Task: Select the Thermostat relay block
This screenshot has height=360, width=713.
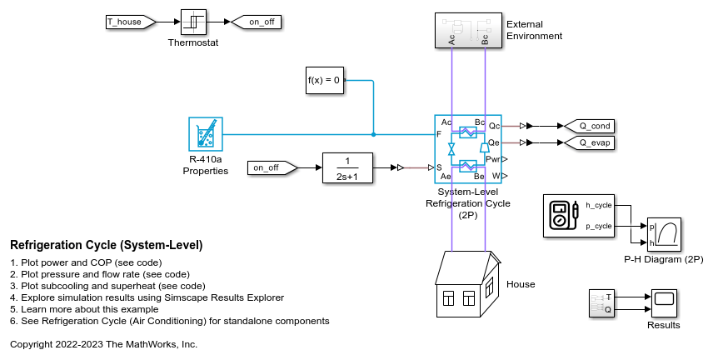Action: [x=193, y=22]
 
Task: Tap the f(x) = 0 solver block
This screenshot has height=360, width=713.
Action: [x=324, y=80]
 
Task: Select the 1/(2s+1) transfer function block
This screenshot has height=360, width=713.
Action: [x=347, y=167]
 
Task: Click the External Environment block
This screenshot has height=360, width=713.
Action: [x=467, y=30]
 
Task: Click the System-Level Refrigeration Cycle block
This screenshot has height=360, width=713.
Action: [x=467, y=148]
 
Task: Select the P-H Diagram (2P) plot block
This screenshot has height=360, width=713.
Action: [x=664, y=235]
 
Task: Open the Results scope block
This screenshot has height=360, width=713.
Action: [x=664, y=302]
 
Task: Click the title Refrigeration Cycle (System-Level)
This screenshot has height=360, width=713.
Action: [x=107, y=245]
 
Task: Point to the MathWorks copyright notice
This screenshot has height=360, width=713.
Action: [x=103, y=343]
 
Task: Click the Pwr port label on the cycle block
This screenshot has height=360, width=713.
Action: [x=491, y=158]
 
